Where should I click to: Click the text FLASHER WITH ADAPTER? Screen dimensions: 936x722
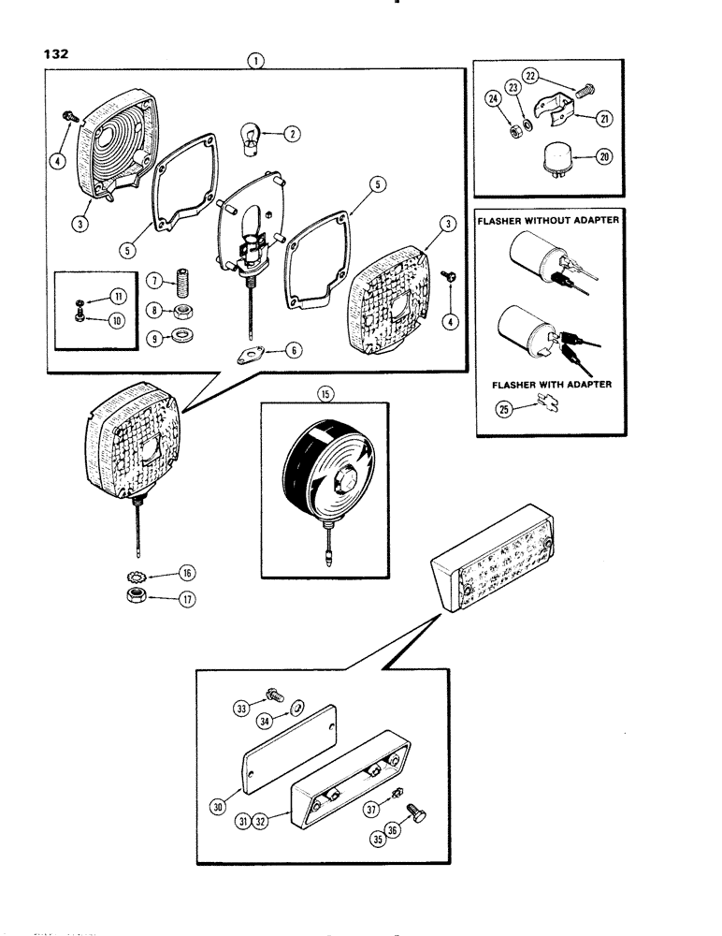point(547,384)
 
